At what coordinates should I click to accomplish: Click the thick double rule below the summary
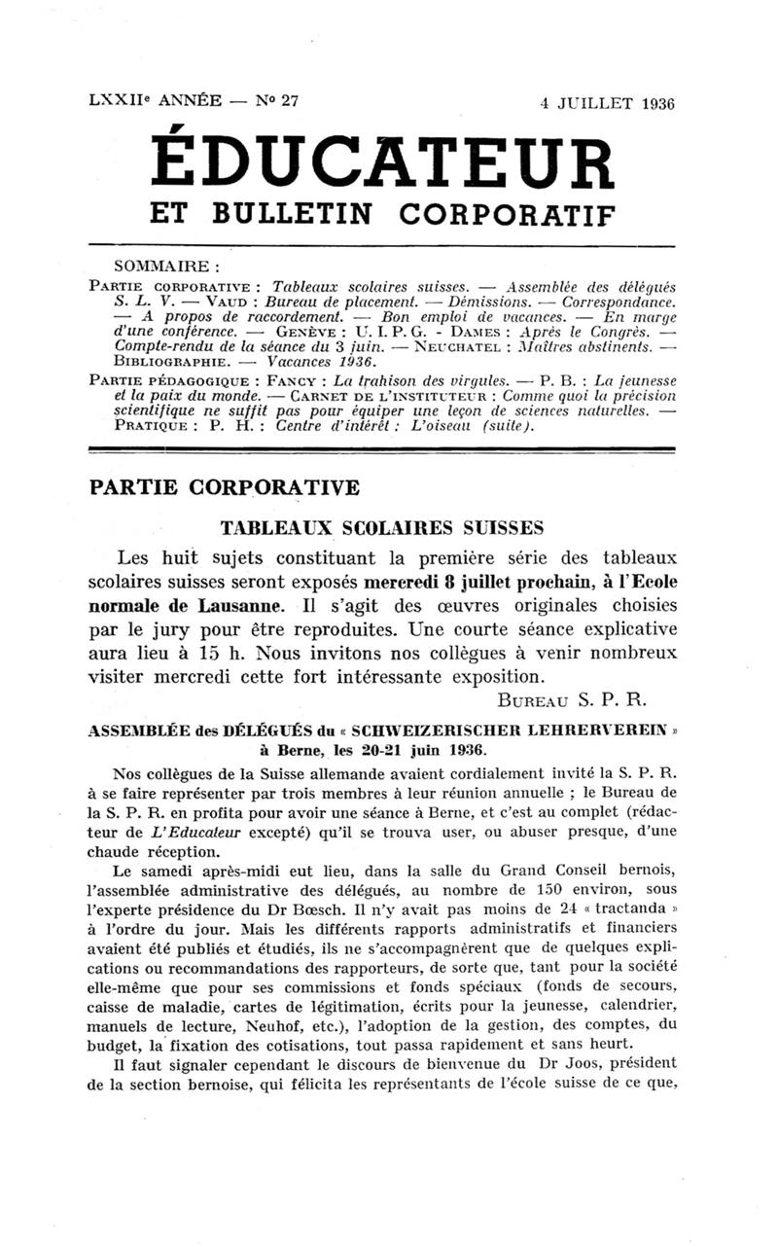[381, 449]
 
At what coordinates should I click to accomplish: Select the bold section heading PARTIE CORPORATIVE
[225, 487]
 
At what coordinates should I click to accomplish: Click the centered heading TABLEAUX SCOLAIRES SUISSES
[381, 528]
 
